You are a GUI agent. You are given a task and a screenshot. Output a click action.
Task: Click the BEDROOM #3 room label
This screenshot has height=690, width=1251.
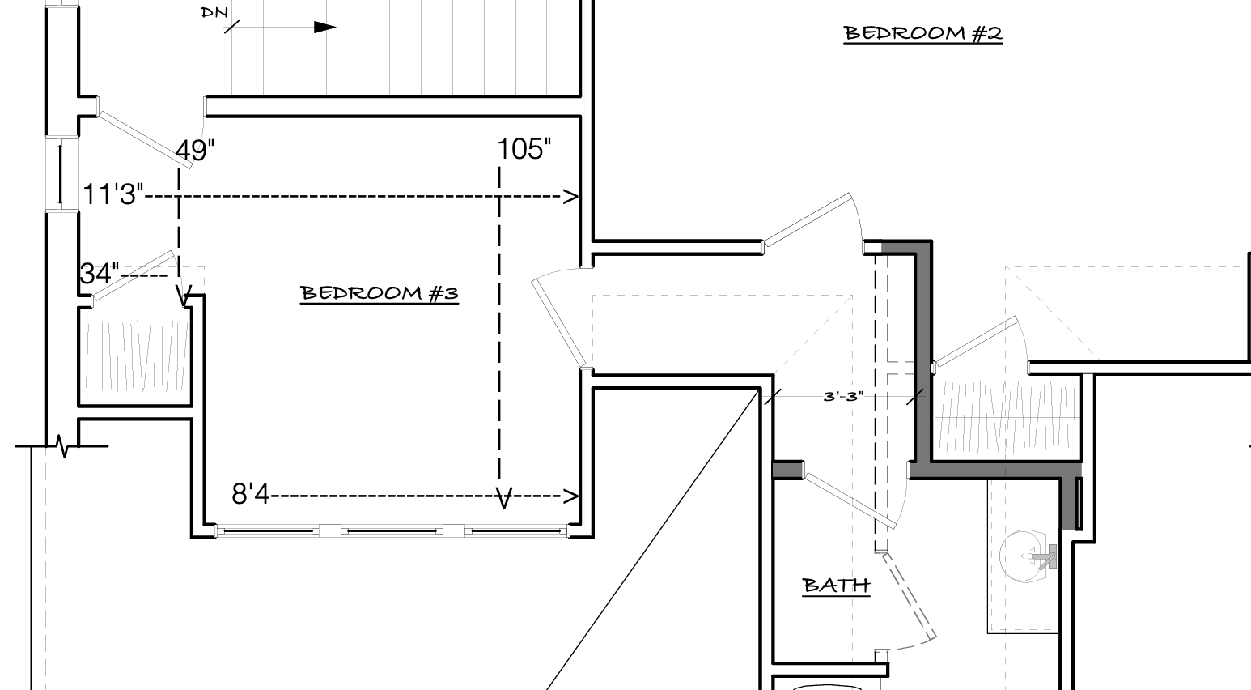click(380, 293)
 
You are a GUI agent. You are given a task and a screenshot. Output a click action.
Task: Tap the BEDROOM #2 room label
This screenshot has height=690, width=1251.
click(922, 33)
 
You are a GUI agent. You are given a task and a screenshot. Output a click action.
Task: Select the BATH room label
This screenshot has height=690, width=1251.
click(836, 586)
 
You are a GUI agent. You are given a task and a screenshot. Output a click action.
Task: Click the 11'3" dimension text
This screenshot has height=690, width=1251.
click(112, 194)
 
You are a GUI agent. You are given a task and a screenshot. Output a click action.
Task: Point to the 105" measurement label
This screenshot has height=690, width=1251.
click(524, 149)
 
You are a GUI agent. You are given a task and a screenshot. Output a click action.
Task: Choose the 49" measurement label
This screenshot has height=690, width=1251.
click(195, 151)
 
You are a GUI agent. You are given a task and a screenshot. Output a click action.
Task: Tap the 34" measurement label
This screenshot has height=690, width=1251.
click(100, 274)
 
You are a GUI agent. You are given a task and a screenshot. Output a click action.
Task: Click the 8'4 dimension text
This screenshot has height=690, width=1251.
click(251, 494)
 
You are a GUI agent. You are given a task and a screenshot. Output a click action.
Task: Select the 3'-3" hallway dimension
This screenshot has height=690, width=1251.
click(843, 397)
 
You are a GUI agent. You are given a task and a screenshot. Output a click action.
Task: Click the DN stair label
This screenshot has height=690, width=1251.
click(214, 12)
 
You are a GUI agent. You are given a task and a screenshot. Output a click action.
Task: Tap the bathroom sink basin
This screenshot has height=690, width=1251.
click(1022, 556)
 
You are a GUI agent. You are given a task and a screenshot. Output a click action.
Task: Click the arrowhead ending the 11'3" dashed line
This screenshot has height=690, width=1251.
click(570, 197)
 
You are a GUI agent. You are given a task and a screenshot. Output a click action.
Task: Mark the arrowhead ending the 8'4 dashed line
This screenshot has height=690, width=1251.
click(570, 496)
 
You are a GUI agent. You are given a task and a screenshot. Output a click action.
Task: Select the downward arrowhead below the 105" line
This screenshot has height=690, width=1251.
click(504, 498)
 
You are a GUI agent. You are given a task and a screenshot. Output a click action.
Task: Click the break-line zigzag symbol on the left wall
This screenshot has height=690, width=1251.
click(64, 446)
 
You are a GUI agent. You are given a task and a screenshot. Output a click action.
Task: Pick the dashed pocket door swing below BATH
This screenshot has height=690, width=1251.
click(910, 595)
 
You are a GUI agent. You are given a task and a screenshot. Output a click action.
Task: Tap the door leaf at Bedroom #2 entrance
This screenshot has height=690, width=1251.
click(808, 219)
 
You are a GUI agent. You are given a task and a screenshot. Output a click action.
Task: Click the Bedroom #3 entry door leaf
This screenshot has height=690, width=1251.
click(559, 323)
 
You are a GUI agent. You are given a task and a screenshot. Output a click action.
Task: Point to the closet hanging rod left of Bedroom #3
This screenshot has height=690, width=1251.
click(135, 356)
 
